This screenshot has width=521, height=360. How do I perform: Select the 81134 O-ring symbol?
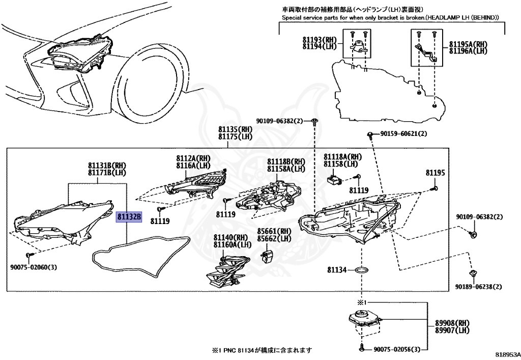point(361,269)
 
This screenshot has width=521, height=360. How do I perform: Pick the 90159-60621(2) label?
point(403,134)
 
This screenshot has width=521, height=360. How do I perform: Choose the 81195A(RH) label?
point(468,44)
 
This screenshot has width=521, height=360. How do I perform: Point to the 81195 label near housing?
point(436,173)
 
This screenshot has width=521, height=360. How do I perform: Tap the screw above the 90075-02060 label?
point(29,254)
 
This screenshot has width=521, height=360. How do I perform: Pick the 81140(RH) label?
point(230,237)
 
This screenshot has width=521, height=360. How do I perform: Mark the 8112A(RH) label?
point(193,158)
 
